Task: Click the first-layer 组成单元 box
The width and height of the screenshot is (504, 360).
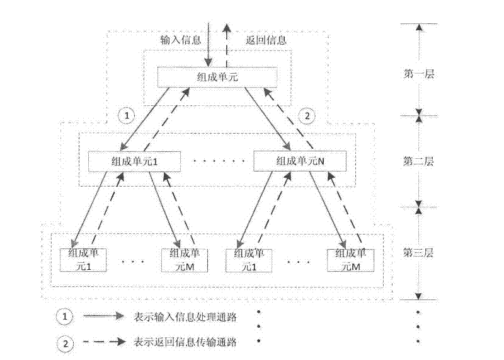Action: (x=217, y=77)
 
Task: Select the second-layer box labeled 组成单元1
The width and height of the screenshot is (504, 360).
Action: (x=134, y=161)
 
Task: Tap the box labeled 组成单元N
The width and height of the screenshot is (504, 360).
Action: (x=300, y=161)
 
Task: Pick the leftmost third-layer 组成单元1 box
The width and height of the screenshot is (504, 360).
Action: (x=83, y=260)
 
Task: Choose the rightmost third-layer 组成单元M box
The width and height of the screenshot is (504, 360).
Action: (x=351, y=260)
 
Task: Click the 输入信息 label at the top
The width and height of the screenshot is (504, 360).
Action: (x=181, y=40)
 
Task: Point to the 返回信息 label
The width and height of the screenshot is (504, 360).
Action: (x=266, y=40)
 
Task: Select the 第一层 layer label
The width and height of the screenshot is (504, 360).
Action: (x=418, y=74)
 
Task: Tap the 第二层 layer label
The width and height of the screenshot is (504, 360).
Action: (x=418, y=161)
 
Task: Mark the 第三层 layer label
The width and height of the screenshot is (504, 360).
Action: (x=418, y=253)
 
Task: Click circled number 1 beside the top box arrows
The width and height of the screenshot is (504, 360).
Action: (x=127, y=115)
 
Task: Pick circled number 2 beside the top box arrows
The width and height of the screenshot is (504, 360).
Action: (x=307, y=115)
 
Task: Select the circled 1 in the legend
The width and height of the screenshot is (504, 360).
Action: (x=65, y=316)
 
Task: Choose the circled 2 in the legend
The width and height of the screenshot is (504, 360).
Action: (x=66, y=344)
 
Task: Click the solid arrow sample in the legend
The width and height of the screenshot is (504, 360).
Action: (x=103, y=316)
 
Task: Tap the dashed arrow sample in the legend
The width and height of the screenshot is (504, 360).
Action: (x=104, y=342)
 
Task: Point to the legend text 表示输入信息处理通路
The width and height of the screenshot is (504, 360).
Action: (x=185, y=316)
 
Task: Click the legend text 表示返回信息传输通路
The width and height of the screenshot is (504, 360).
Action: (x=185, y=342)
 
